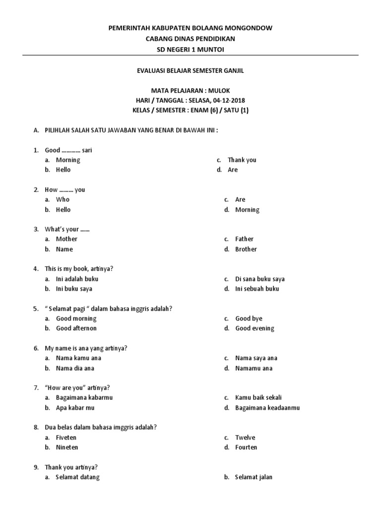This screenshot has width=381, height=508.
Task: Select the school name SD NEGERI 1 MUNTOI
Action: [x=190, y=49]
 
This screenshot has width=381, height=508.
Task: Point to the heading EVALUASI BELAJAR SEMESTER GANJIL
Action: [x=190, y=71]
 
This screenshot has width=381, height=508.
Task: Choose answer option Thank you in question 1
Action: [x=242, y=160]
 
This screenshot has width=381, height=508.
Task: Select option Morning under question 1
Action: [x=68, y=160]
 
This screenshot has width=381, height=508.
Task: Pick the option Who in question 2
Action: [x=63, y=199]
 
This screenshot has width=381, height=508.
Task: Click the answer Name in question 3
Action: [x=64, y=249]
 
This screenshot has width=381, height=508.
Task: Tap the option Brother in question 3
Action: [x=246, y=249]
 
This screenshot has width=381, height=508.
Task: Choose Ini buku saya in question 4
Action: [x=74, y=289]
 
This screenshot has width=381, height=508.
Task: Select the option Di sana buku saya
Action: [x=260, y=279]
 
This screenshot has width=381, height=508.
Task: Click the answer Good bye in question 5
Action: [x=249, y=318]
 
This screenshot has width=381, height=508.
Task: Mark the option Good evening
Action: [x=254, y=328]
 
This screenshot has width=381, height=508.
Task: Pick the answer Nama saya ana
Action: [x=256, y=358]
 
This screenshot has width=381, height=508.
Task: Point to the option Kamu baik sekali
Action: [x=258, y=398]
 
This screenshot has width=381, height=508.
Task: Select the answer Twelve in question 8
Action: [x=245, y=438]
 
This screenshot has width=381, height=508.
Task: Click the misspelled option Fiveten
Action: [x=66, y=438]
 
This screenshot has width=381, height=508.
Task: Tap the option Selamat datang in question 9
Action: [x=77, y=477]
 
